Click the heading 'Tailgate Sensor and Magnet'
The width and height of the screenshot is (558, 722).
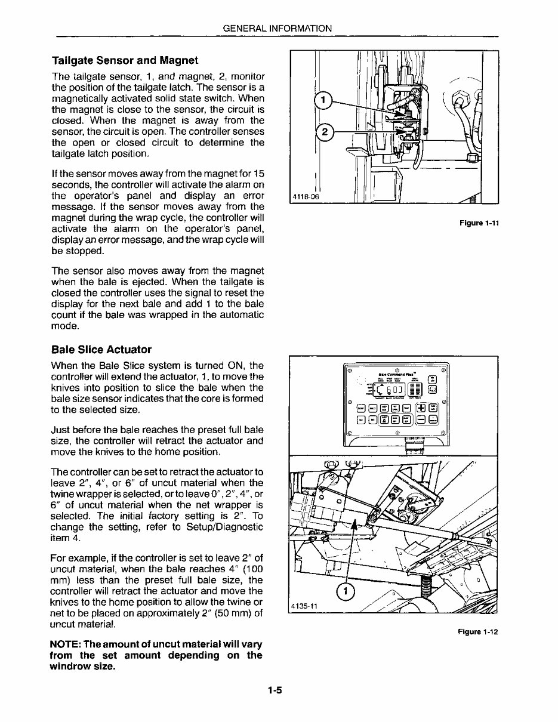pyautogui.click(x=125, y=61)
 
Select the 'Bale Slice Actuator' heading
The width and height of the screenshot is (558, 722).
pyautogui.click(x=101, y=350)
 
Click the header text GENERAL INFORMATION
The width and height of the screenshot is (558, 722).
pyautogui.click(x=277, y=28)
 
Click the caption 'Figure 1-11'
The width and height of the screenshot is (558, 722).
pyautogui.click(x=479, y=223)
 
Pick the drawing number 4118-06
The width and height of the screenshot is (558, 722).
pyautogui.click(x=305, y=198)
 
